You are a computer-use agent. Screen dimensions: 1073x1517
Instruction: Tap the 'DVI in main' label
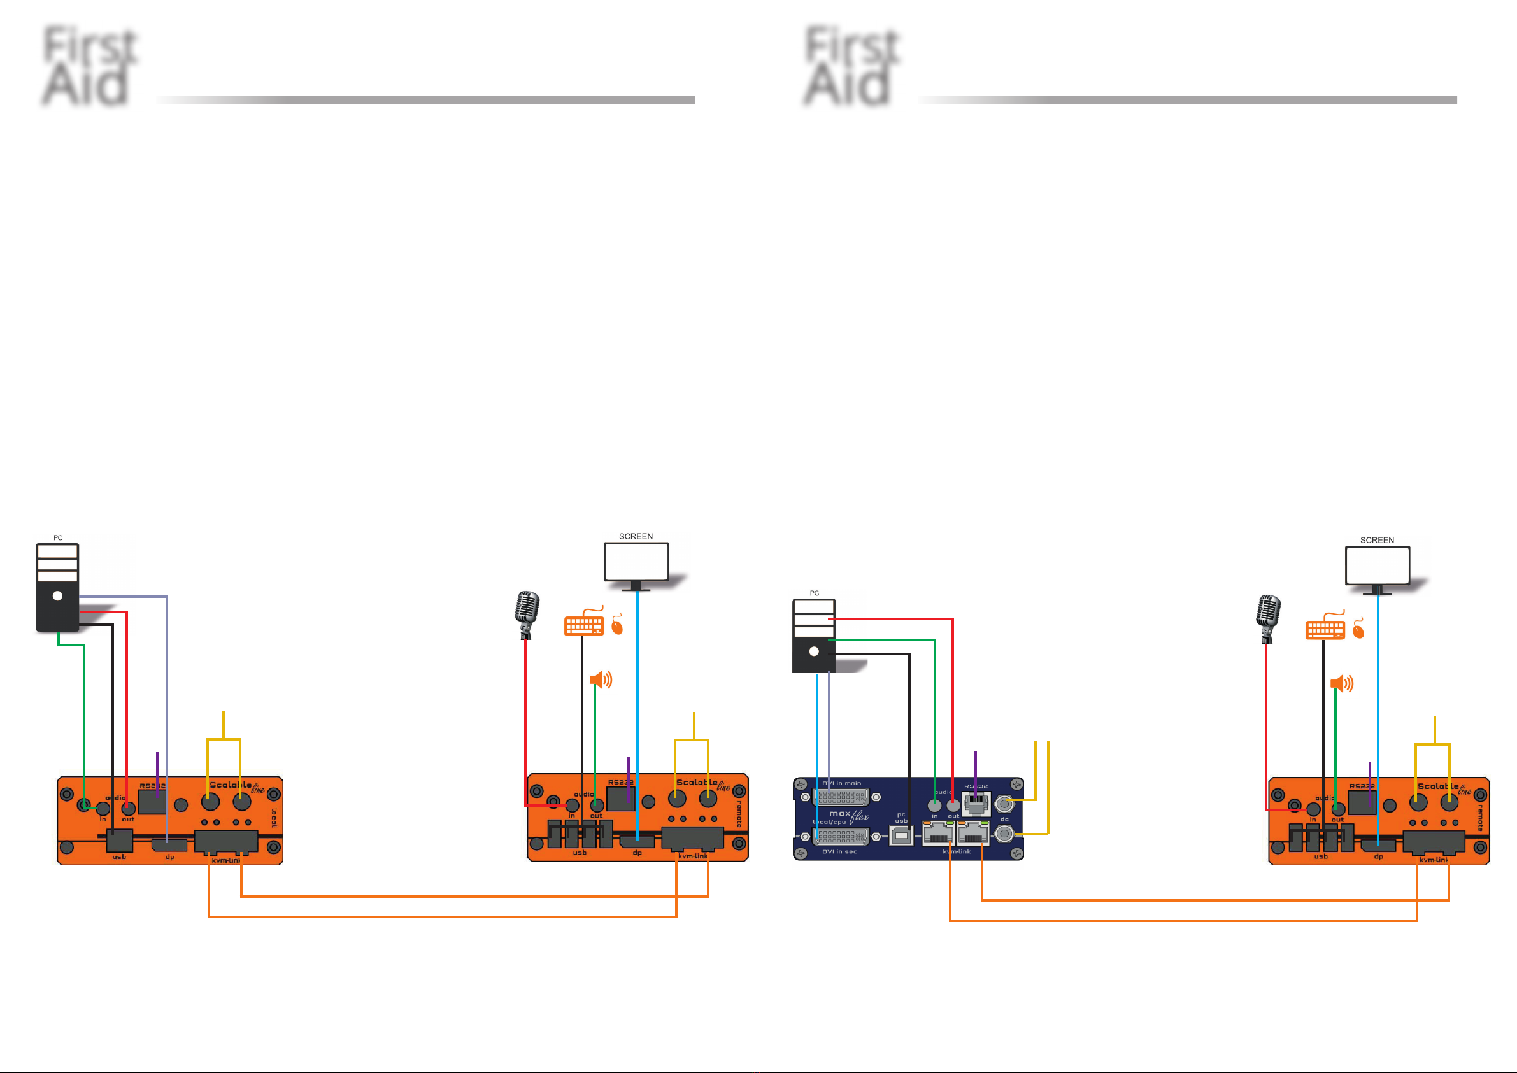click(842, 783)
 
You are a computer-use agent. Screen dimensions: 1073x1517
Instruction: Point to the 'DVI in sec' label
click(839, 851)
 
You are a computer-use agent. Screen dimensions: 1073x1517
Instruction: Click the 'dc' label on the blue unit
click(1004, 820)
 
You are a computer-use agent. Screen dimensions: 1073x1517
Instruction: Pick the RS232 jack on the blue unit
click(976, 804)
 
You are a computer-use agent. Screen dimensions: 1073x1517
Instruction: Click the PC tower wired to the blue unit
click(814, 636)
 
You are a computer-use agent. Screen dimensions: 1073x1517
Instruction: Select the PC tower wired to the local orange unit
click(57, 587)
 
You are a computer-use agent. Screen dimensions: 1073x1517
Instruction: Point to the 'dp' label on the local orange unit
click(170, 857)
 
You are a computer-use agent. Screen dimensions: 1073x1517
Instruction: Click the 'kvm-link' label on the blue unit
click(957, 851)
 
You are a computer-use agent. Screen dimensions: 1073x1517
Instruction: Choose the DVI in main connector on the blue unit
click(841, 797)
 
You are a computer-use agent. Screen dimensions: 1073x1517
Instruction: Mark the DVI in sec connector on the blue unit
click(841, 837)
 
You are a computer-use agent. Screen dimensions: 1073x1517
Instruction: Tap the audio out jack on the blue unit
click(953, 806)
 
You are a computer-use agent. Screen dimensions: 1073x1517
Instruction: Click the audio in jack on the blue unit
click(934, 806)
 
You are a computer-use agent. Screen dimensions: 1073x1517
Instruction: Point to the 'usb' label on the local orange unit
click(119, 857)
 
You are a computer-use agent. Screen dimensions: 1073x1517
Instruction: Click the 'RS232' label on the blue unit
click(976, 786)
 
